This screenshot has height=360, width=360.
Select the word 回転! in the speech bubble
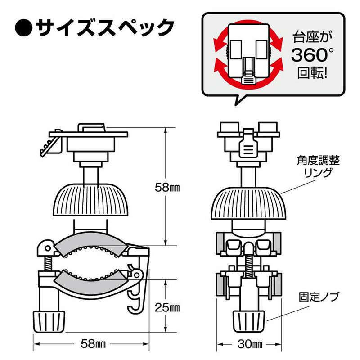311,73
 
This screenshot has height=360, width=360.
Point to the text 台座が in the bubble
310,36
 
